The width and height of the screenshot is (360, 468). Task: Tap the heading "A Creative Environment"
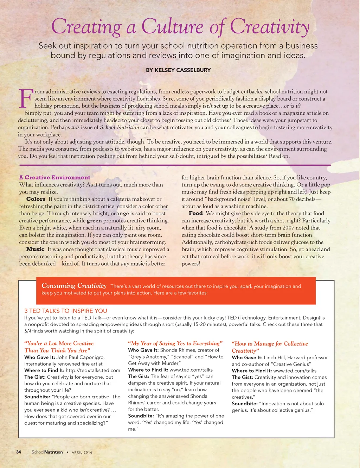pyautogui.click(x=54, y=177)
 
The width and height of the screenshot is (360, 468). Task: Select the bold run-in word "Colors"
pyautogui.click(x=36, y=199)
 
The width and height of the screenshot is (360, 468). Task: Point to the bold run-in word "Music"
pyautogui.click(x=36, y=249)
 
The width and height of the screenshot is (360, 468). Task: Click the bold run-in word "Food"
pyautogui.click(x=195, y=213)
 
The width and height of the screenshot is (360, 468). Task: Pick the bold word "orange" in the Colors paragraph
pyautogui.click(x=120, y=213)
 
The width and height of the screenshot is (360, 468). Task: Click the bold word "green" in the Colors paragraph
pyautogui.click(x=94, y=221)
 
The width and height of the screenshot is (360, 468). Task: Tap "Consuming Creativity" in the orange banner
pyautogui.click(x=74, y=286)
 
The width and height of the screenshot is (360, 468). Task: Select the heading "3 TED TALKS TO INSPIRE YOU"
pyautogui.click(x=65, y=311)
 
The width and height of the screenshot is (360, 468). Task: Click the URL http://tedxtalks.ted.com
pyautogui.click(x=93, y=370)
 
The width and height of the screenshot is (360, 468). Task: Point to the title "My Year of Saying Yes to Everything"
pyautogui.click(x=175, y=343)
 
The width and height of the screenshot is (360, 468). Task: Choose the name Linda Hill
pyautogui.click(x=277, y=357)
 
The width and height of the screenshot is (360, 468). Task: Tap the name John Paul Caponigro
pyautogui.click(x=80, y=357)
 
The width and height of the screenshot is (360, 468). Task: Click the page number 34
pyautogui.click(x=19, y=452)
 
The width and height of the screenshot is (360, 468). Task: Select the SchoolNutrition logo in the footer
pyautogui.click(x=47, y=452)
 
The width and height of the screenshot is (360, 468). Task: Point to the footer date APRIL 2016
pyautogui.click(x=82, y=452)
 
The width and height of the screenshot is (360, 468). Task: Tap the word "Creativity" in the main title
pyautogui.click(x=270, y=27)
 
